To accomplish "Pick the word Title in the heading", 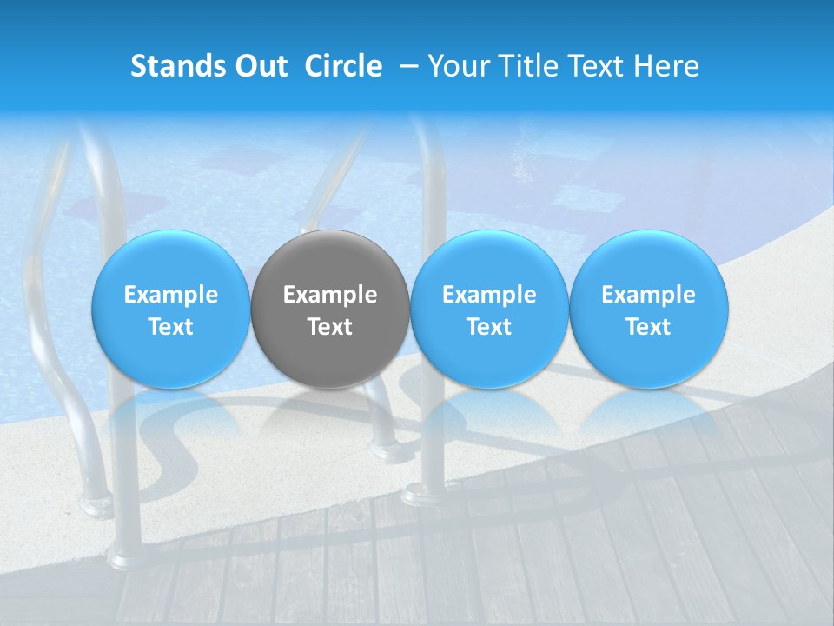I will click(529, 66).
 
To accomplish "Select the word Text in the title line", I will click(597, 66).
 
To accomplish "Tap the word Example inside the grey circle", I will click(330, 295).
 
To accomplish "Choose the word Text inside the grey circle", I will click(330, 327).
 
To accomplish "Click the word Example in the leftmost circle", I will click(170, 295).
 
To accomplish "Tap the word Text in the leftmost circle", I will click(170, 327).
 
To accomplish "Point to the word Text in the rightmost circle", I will click(649, 327).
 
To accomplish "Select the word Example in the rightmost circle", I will click(649, 295).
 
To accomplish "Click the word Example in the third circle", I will click(489, 295).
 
